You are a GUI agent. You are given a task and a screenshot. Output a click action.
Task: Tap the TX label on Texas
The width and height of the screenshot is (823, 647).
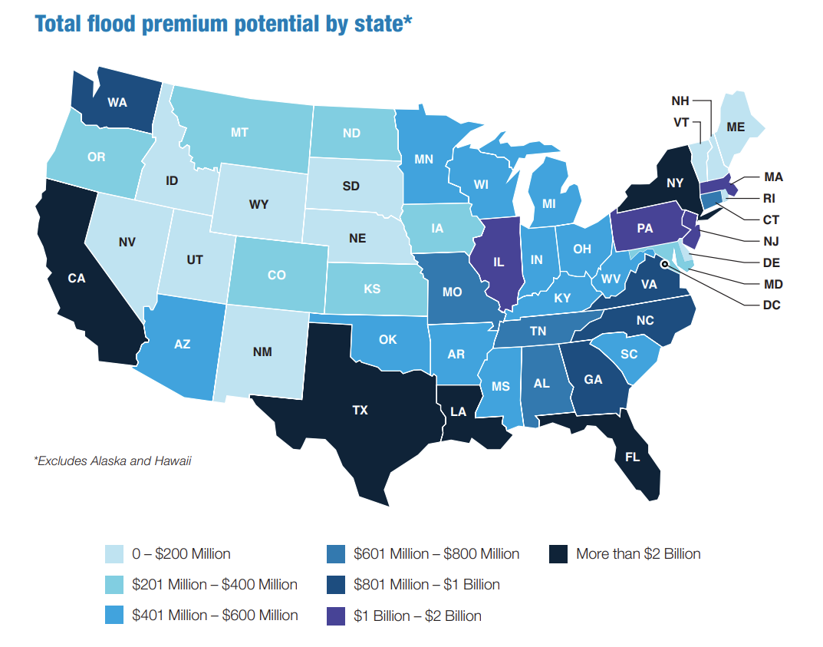pyautogui.click(x=360, y=411)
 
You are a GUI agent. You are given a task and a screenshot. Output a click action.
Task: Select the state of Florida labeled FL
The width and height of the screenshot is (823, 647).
pyautogui.click(x=632, y=457)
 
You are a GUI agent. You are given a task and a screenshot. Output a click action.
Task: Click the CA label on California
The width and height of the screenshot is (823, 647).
pyautogui.click(x=76, y=279)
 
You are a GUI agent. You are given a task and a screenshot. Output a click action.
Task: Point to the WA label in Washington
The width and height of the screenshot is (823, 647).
pyautogui.click(x=117, y=102)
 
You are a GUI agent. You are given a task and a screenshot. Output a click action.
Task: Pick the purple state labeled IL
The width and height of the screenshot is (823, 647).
pyautogui.click(x=499, y=262)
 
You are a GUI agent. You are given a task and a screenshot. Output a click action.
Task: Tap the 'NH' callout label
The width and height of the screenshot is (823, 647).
pyautogui.click(x=680, y=101)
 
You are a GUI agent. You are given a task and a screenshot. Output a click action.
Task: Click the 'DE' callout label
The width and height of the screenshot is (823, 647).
pyautogui.click(x=772, y=262)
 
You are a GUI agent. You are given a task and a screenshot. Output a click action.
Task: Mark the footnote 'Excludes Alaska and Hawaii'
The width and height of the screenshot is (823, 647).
pyautogui.click(x=113, y=461)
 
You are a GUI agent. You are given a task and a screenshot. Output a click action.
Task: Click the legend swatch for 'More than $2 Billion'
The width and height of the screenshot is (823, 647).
pyautogui.click(x=560, y=553)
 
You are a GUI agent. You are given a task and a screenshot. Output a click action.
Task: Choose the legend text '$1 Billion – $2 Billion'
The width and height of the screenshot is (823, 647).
pyautogui.click(x=417, y=616)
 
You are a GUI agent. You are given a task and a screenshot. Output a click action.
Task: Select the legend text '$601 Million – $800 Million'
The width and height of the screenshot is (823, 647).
pyautogui.click(x=436, y=553)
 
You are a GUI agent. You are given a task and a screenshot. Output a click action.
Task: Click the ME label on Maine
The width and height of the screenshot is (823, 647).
pyautogui.click(x=735, y=127)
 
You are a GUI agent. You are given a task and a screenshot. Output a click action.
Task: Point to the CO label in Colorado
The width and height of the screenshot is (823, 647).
pyautogui.click(x=277, y=275)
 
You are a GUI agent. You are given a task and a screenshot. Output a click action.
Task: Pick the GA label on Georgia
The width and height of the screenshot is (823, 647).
pyautogui.click(x=593, y=378)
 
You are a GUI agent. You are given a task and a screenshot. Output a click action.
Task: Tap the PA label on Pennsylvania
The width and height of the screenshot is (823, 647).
pyautogui.click(x=645, y=228)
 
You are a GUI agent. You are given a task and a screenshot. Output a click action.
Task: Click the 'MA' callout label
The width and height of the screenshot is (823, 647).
pyautogui.click(x=773, y=177)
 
